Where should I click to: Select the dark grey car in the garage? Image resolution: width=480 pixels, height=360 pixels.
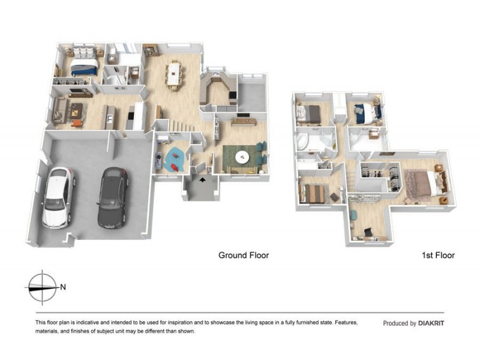(x=112, y=197)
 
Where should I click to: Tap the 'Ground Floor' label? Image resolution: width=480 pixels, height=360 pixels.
(x=243, y=255)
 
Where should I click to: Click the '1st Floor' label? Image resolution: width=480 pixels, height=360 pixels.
(x=437, y=255)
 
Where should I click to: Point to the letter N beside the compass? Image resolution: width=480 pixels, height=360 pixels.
(x=63, y=287)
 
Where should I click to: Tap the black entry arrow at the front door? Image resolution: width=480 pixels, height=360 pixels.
(x=202, y=178)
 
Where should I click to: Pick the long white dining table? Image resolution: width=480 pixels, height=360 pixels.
(x=175, y=74)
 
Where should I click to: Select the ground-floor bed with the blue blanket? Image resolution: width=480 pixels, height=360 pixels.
(x=83, y=67)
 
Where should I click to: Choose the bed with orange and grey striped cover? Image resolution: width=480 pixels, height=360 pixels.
(x=313, y=193)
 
